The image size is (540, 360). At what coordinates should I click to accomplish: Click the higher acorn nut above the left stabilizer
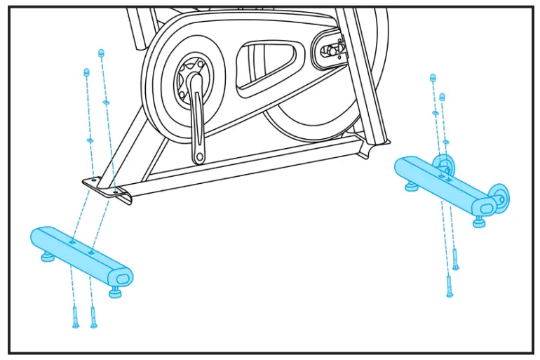click(102, 53)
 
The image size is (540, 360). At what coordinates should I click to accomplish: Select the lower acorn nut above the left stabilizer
click(87, 72)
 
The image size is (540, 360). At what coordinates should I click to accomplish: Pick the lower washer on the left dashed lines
click(90, 140)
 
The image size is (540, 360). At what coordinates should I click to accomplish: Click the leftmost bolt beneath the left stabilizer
click(76, 318)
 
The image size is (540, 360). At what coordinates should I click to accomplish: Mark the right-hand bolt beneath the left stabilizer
click(93, 317)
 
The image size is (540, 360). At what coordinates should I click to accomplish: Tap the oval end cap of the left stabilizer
click(122, 278)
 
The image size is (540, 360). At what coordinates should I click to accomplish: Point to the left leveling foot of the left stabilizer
click(48, 257)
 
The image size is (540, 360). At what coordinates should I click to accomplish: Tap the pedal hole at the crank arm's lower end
click(199, 156)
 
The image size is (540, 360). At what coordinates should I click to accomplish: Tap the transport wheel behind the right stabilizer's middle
click(443, 166)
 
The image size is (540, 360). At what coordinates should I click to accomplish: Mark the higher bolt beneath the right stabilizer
click(455, 260)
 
